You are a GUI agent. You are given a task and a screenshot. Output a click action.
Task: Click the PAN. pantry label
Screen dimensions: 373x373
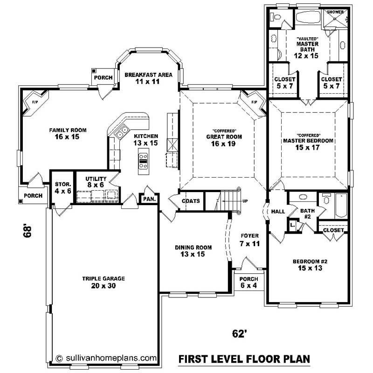pyautogui.click(x=149, y=199)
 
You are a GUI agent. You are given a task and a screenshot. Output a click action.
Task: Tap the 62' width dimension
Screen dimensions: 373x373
pyautogui.click(x=239, y=333)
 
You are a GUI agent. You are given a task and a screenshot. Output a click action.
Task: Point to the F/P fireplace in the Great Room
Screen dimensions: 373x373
pyautogui.click(x=254, y=102)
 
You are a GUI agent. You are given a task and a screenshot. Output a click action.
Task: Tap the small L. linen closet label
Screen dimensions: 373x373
pyautogui.click(x=292, y=225)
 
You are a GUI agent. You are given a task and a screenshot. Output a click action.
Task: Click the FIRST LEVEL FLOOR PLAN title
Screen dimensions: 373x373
pyautogui.click(x=245, y=359)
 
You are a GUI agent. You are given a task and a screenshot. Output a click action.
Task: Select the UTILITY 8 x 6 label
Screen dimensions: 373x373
pyautogui.click(x=96, y=182)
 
